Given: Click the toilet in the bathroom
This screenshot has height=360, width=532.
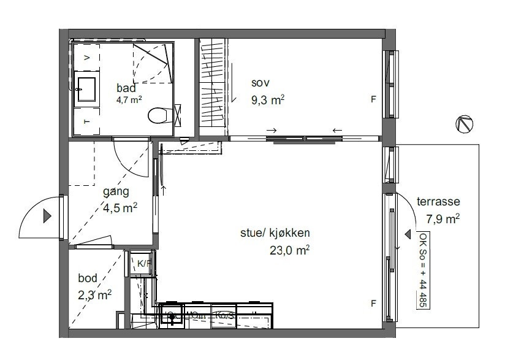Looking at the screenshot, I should click(x=158, y=115).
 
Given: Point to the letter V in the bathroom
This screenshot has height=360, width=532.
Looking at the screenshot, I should click(x=86, y=57).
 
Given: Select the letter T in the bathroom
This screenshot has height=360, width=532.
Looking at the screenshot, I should click(x=86, y=122).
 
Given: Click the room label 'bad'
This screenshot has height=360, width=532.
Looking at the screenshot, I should click(x=126, y=87).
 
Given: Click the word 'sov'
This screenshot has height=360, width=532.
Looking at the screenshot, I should click(x=260, y=83).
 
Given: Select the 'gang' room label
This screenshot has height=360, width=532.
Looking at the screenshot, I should click(x=116, y=192).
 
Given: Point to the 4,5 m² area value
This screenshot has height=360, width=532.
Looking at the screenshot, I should click(x=120, y=207).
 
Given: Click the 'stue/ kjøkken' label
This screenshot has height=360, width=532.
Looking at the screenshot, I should click(x=275, y=233).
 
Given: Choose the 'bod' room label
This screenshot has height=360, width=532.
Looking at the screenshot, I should click(x=88, y=278).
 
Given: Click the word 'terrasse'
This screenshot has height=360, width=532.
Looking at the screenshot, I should click(x=438, y=201).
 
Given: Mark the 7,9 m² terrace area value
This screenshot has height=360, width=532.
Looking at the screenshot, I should click(x=443, y=218).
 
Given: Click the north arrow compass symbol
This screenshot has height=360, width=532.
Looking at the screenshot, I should click(x=464, y=124).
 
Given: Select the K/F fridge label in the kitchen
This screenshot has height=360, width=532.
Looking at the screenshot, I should click(x=143, y=264).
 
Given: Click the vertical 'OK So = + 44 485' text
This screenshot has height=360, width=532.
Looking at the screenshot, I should click(x=423, y=270).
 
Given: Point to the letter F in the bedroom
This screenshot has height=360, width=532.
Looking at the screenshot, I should click(x=373, y=99).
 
